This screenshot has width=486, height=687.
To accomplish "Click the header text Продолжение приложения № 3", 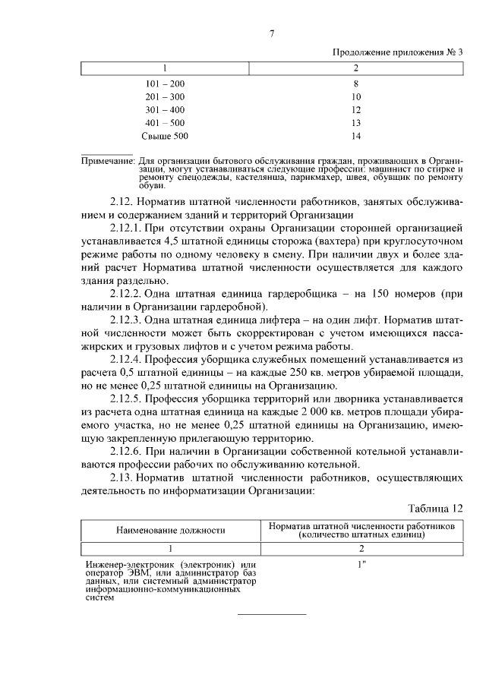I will point(397,52).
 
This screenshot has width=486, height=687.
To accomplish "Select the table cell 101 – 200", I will point(165,84).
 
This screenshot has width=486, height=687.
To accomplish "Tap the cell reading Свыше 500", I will point(165,136).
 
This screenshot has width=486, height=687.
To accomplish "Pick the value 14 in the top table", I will point(356,136).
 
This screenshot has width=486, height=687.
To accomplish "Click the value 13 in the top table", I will point(356,123).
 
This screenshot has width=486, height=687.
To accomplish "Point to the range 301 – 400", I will point(165,110).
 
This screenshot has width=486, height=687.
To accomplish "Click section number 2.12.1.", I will point(127,227).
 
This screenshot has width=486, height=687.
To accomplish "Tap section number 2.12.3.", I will point(127,320).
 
